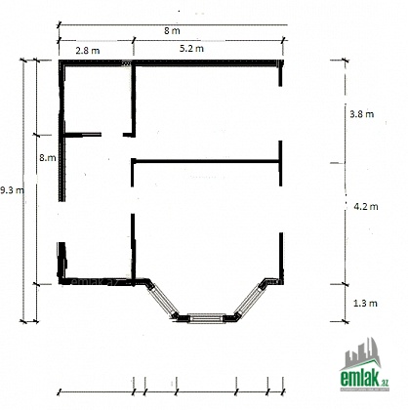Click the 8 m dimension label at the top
click(172, 31)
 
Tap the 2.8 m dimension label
click(88, 51)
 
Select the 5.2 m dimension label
click(191, 48)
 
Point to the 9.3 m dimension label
click(12, 190)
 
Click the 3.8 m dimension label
click(361, 114)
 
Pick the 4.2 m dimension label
click(366, 206)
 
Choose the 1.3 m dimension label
click(365, 303)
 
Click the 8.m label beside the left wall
click(48, 158)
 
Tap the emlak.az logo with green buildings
click(364, 364)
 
